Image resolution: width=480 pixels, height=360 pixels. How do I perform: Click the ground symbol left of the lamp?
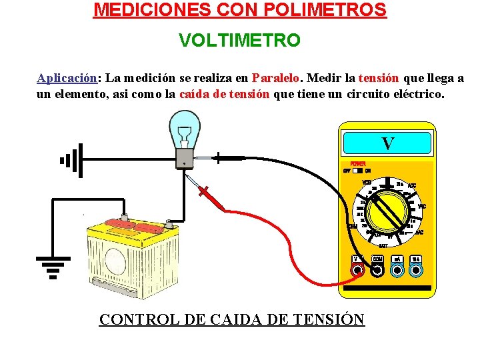(x=71, y=160)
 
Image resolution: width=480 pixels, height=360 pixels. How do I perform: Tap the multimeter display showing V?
(x=387, y=143)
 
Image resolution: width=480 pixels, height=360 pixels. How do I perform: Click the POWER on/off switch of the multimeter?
(x=358, y=170)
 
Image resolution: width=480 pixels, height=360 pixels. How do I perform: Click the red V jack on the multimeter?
(x=357, y=270)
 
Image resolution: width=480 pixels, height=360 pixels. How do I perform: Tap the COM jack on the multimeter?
(x=377, y=270)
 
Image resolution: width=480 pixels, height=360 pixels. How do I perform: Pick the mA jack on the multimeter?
(x=397, y=270)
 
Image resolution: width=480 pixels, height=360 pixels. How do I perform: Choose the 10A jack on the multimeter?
(x=417, y=270)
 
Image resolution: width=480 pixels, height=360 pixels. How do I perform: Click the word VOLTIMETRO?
(x=239, y=41)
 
